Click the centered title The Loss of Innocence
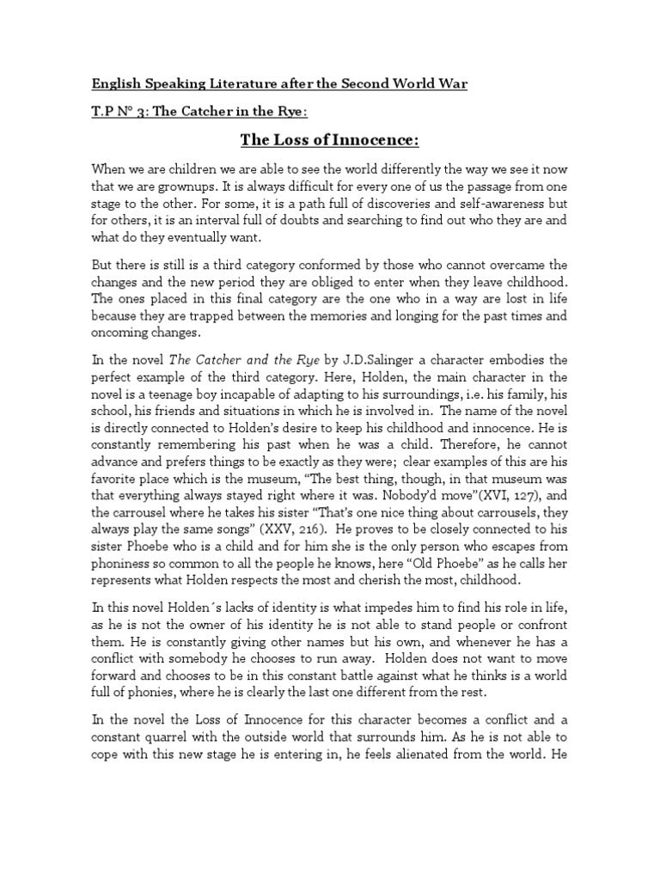(x=329, y=140)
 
